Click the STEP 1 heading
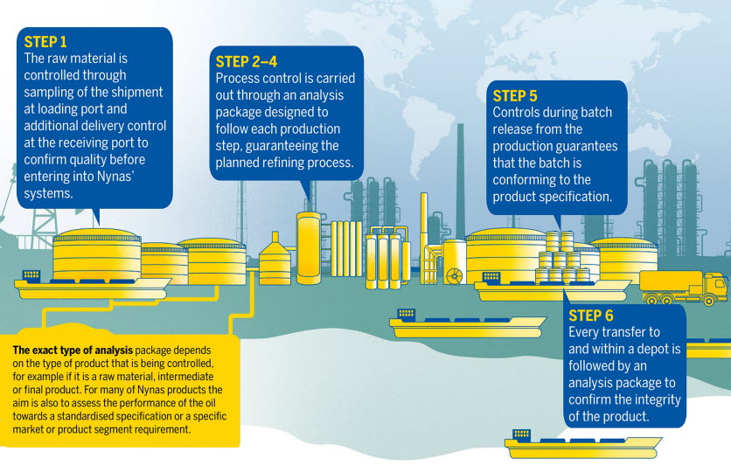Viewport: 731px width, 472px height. [x=45, y=42]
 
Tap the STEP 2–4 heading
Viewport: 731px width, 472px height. [x=247, y=61]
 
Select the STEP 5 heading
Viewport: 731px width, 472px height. [x=515, y=96]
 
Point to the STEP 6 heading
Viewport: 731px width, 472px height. [x=591, y=316]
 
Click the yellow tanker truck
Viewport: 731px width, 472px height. [x=684, y=288]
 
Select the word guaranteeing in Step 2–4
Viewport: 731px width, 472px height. [x=292, y=146]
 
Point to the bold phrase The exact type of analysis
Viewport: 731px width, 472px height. [x=73, y=350]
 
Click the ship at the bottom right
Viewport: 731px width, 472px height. [x=582, y=444]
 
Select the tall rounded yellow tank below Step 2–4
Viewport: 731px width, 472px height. [x=309, y=248]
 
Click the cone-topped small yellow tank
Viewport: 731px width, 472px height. [x=275, y=259]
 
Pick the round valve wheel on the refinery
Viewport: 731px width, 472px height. [x=453, y=276]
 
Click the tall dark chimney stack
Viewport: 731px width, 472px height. [x=461, y=181]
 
